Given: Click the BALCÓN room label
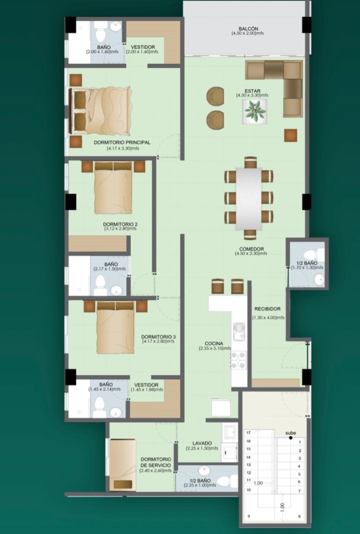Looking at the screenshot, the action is click(x=248, y=29).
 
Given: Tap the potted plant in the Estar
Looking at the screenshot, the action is click(x=254, y=111).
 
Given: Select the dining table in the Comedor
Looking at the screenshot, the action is click(x=249, y=198).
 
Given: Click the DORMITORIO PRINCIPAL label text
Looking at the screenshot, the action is click(x=122, y=143).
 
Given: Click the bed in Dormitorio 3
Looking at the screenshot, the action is click(x=115, y=327).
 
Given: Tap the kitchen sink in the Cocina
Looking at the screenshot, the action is click(x=239, y=331).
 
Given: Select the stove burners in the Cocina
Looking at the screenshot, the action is click(x=238, y=360).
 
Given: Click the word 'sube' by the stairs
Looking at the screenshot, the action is click(x=291, y=433).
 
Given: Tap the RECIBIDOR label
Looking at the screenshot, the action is click(x=268, y=309).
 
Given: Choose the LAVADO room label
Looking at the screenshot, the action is click(x=202, y=443).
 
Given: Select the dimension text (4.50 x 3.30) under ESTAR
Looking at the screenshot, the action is click(x=252, y=95).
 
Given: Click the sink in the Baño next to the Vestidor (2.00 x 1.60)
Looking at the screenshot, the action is click(x=115, y=26).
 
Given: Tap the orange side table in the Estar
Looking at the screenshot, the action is click(x=291, y=135).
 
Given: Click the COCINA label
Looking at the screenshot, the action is click(x=214, y=344).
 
